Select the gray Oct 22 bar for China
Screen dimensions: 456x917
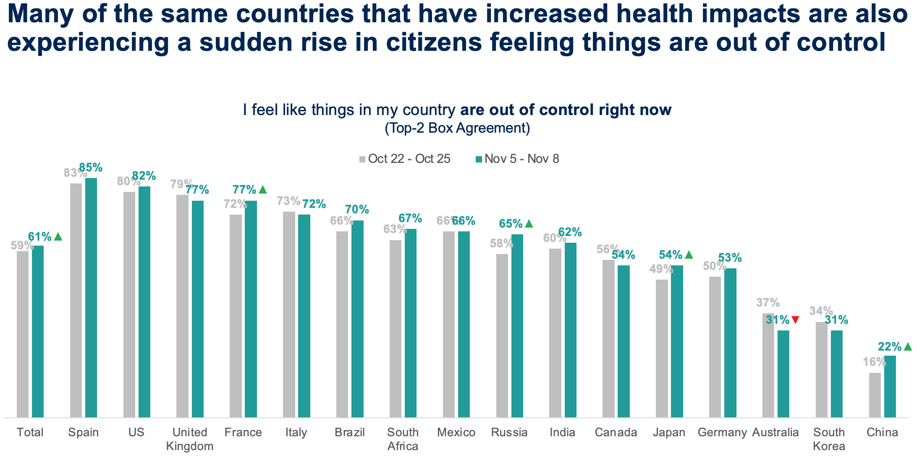875,395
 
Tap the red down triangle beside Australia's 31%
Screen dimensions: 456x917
795,320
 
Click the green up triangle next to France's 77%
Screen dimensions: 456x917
263,190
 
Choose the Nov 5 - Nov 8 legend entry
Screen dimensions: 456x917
517,159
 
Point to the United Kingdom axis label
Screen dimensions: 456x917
190,439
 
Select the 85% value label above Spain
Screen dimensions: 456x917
91,168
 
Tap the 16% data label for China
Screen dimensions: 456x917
874,362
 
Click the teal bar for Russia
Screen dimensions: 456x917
517,325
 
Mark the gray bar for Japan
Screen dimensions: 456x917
662,348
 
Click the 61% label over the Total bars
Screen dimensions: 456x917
40,237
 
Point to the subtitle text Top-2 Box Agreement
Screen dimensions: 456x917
457,128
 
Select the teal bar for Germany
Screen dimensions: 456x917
730,342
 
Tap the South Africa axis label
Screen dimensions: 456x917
403,439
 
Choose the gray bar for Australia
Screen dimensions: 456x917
768,365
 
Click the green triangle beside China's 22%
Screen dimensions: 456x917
908,347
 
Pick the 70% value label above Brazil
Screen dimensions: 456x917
357,210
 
